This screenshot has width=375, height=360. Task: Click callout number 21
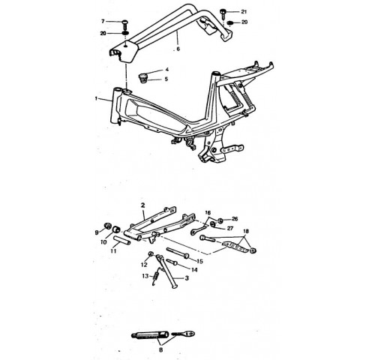[244, 11]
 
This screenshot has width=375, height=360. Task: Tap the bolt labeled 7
[125, 24]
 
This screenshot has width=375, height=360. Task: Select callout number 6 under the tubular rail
[178, 49]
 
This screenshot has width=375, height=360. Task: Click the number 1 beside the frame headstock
[96, 98]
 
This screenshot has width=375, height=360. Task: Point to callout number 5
[166, 79]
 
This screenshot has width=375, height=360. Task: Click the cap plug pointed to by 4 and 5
[143, 78]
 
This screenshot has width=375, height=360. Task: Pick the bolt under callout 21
[223, 13]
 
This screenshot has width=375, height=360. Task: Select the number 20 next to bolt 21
[244, 22]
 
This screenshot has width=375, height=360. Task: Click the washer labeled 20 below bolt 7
[125, 33]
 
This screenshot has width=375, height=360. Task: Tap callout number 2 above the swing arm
[142, 205]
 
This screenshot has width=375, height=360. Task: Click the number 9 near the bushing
[97, 232]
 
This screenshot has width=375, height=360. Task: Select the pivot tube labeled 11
[122, 241]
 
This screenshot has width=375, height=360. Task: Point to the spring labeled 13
[155, 277]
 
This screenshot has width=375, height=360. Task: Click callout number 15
[199, 261]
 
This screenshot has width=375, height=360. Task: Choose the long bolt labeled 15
[178, 253]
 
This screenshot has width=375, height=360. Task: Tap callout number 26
[235, 219]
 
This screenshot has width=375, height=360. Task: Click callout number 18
[246, 231]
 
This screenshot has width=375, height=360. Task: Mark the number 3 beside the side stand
[187, 277]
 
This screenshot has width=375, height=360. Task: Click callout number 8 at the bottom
[160, 349]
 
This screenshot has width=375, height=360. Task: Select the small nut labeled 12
[151, 254]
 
